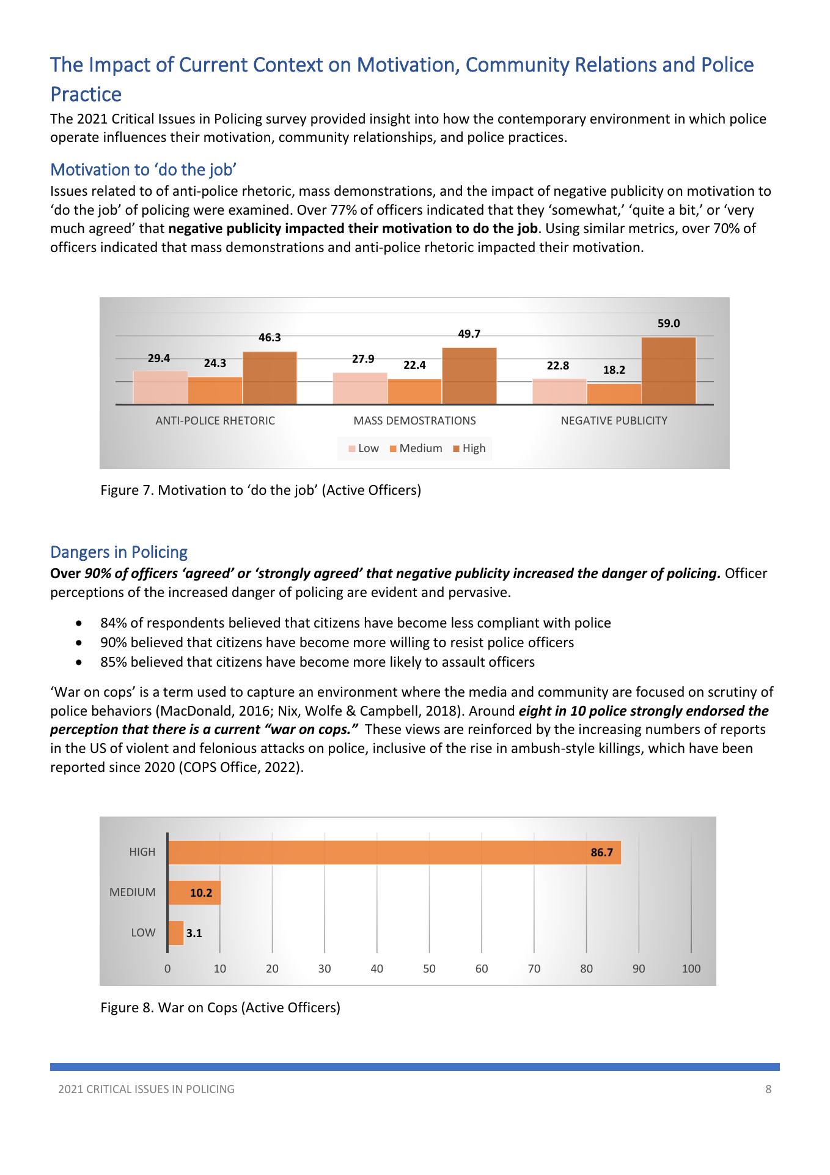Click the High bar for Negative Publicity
tap(668, 371)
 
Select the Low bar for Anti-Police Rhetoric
tap(160, 387)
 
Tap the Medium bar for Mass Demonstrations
tap(414, 391)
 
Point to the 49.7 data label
tap(469, 333)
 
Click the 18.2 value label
tap(614, 370)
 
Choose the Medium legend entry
tap(416, 448)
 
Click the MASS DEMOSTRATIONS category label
tap(414, 421)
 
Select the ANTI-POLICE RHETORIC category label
tap(215, 421)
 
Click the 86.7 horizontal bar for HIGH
tap(394, 852)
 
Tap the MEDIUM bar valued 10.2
tap(194, 892)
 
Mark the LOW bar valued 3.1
tap(175, 933)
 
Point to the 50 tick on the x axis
tap(429, 969)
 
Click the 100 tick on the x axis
tap(691, 969)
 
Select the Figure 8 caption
tap(220, 1007)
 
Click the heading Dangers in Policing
tap(119, 552)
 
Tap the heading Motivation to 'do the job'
tap(143, 169)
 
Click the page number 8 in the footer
tap(768, 1089)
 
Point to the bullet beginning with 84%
tap(355, 623)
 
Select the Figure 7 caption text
tap(260, 490)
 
